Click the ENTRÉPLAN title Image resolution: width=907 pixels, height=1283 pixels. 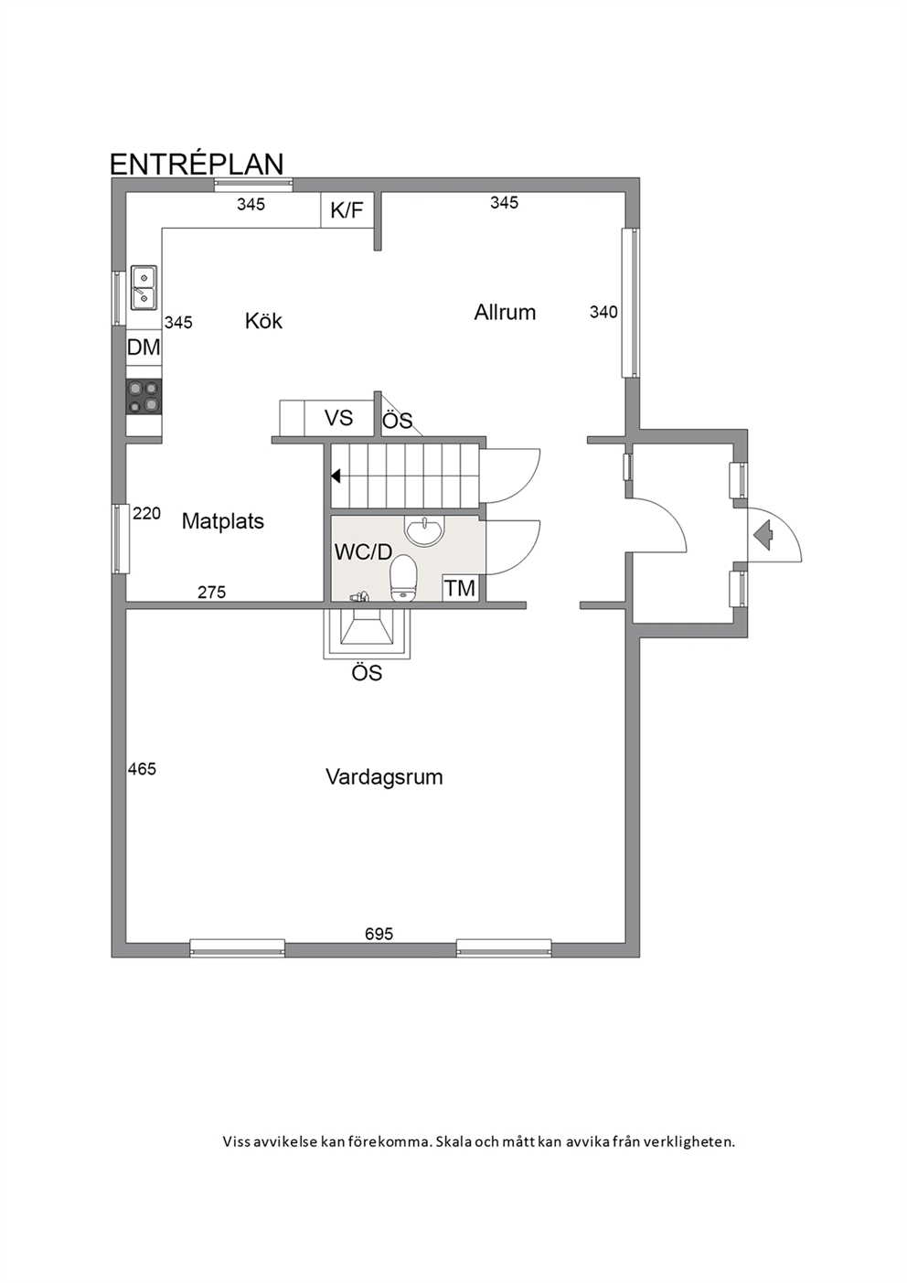pyautogui.click(x=197, y=164)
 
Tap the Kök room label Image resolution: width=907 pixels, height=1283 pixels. pyautogui.click(x=263, y=321)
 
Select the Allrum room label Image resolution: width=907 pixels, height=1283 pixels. pyautogui.click(x=505, y=313)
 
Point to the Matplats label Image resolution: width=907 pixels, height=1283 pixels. pyautogui.click(x=223, y=521)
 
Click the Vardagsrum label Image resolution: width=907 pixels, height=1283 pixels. pyautogui.click(x=384, y=777)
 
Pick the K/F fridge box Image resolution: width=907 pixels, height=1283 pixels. pyautogui.click(x=347, y=210)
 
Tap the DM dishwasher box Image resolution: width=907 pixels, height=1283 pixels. pyautogui.click(x=144, y=347)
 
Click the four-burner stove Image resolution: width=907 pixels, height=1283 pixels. pyautogui.click(x=144, y=397)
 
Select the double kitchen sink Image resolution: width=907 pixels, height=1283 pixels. pyautogui.click(x=144, y=287)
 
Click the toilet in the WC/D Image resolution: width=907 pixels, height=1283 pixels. pyautogui.click(x=403, y=579)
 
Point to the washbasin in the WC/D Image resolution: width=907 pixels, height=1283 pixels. pyautogui.click(x=424, y=529)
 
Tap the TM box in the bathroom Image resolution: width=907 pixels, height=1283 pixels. pyautogui.click(x=461, y=588)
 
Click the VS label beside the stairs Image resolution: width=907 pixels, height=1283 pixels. pyautogui.click(x=338, y=418)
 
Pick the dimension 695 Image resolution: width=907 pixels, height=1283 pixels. pyautogui.click(x=379, y=935)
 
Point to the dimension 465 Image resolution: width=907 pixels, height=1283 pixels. pyautogui.click(x=142, y=769)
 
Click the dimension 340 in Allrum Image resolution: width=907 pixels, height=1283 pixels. pyautogui.click(x=604, y=312)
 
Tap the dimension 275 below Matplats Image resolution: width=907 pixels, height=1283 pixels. pyautogui.click(x=212, y=592)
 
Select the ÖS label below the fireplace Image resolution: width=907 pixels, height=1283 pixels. pyautogui.click(x=367, y=673)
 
